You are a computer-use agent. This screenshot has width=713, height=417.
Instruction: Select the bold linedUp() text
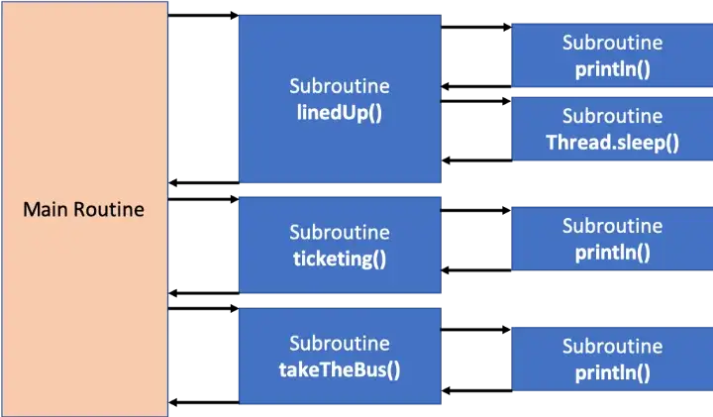[340, 111]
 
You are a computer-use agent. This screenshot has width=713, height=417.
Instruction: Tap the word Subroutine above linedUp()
[340, 86]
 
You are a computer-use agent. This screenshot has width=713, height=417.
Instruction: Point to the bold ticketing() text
[340, 260]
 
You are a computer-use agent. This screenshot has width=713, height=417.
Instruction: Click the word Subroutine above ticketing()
[340, 234]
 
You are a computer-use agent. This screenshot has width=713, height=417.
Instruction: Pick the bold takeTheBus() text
[340, 369]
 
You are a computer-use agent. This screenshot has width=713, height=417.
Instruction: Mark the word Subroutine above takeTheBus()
[340, 344]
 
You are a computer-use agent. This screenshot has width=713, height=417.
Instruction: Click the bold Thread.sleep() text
[613, 142]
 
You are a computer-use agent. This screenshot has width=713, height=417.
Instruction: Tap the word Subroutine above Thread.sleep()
[613, 117]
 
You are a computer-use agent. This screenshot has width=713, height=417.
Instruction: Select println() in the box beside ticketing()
[613, 252]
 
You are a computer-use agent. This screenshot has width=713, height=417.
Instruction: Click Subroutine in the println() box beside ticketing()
[613, 226]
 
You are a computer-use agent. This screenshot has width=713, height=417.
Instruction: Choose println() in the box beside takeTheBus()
[613, 372]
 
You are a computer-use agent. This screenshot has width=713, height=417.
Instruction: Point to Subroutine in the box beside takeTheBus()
[613, 347]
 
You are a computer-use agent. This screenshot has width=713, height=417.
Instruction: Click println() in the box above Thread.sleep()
[613, 69]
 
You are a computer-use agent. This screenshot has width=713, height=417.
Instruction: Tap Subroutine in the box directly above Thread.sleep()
[613, 44]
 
